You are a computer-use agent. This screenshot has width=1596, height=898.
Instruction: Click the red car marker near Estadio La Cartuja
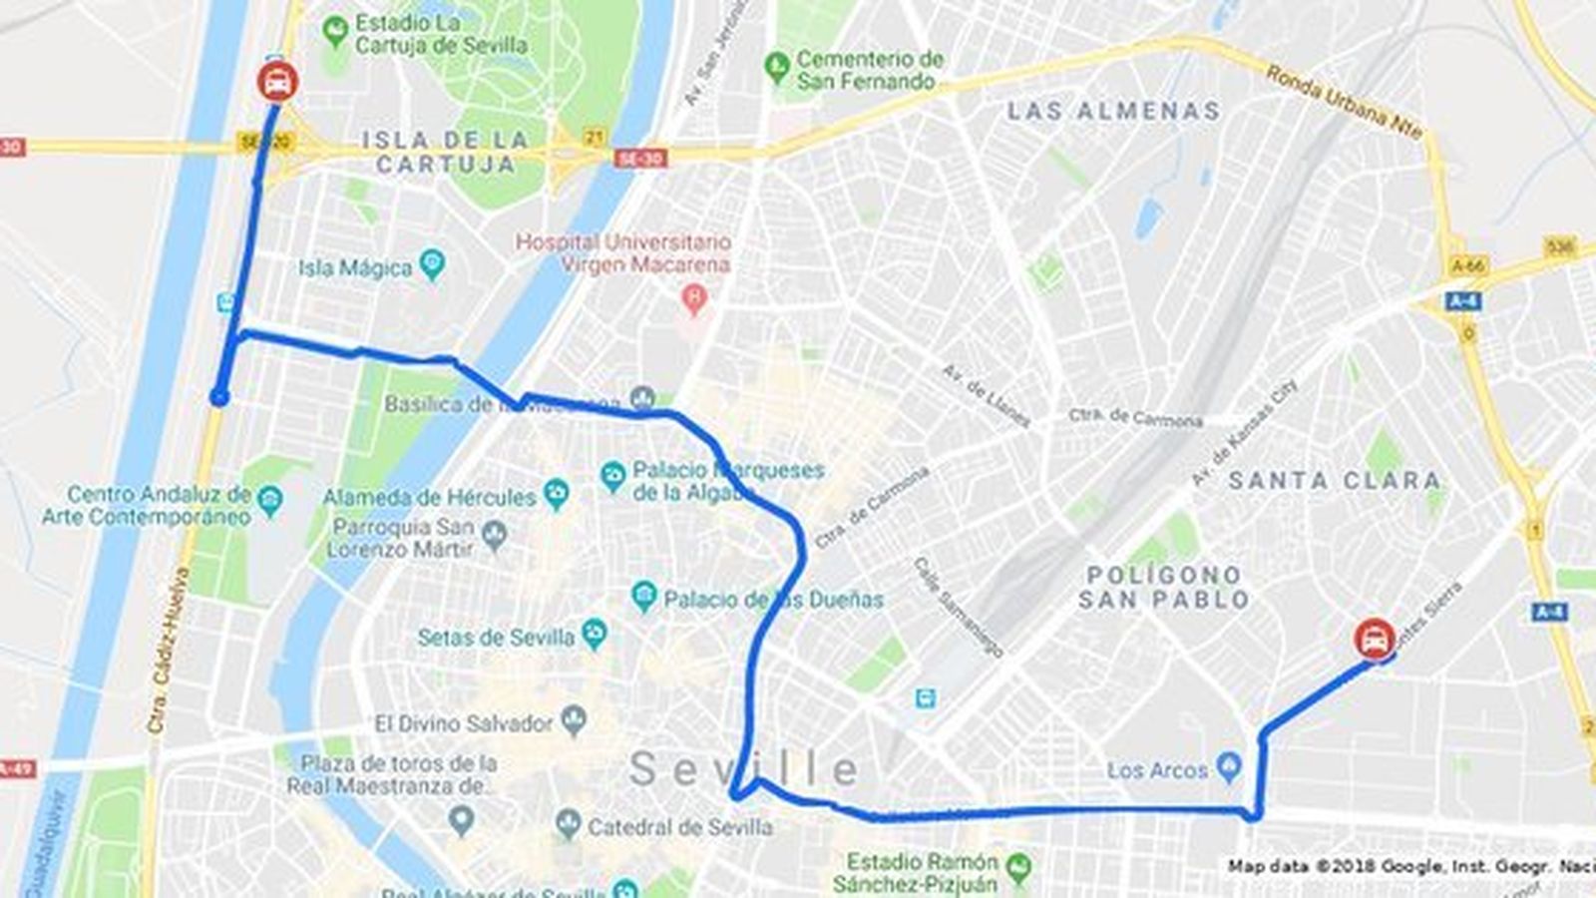click(277, 81)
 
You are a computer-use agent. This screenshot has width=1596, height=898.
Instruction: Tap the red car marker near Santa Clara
click(1375, 637)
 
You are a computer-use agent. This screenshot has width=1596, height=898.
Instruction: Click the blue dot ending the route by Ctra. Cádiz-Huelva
click(219, 398)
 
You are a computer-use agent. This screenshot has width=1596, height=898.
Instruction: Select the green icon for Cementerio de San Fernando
click(776, 67)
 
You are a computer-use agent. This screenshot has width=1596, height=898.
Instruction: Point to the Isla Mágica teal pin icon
click(432, 265)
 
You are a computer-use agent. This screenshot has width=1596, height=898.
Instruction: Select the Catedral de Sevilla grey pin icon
click(568, 824)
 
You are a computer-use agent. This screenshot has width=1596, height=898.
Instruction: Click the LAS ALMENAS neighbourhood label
click(1113, 111)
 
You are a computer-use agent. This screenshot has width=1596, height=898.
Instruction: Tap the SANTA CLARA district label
click(1334, 481)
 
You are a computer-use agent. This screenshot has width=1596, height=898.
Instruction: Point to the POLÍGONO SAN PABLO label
click(1164, 588)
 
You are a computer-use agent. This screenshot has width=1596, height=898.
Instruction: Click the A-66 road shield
click(1468, 265)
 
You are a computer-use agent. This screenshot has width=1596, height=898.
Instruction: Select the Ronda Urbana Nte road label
click(1344, 102)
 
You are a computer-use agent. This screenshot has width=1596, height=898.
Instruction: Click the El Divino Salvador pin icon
click(574, 720)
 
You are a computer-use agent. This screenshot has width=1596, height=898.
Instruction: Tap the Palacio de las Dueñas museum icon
click(644, 598)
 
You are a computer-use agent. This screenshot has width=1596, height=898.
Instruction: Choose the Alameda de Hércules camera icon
click(556, 493)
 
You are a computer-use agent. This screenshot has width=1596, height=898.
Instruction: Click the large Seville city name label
click(743, 769)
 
